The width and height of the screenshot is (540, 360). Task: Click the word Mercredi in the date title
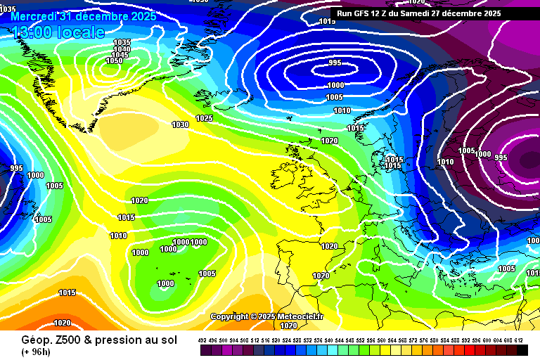click(35, 15)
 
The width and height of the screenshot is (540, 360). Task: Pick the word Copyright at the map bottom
click(229, 317)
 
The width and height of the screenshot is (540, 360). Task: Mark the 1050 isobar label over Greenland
click(114, 60)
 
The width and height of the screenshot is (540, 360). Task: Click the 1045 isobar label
click(120, 55)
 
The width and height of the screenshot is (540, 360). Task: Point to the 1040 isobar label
click(121, 49)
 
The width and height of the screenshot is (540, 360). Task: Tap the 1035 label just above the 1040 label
click(122, 42)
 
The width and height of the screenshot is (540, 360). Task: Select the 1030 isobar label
click(180, 124)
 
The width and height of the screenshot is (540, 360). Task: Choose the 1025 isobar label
click(204, 118)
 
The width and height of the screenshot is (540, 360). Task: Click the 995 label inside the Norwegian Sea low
click(335, 63)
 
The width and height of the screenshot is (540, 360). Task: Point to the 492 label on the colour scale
click(202, 340)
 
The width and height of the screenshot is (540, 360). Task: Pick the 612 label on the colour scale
click(519, 340)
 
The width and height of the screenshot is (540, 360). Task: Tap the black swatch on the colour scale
click(522, 349)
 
